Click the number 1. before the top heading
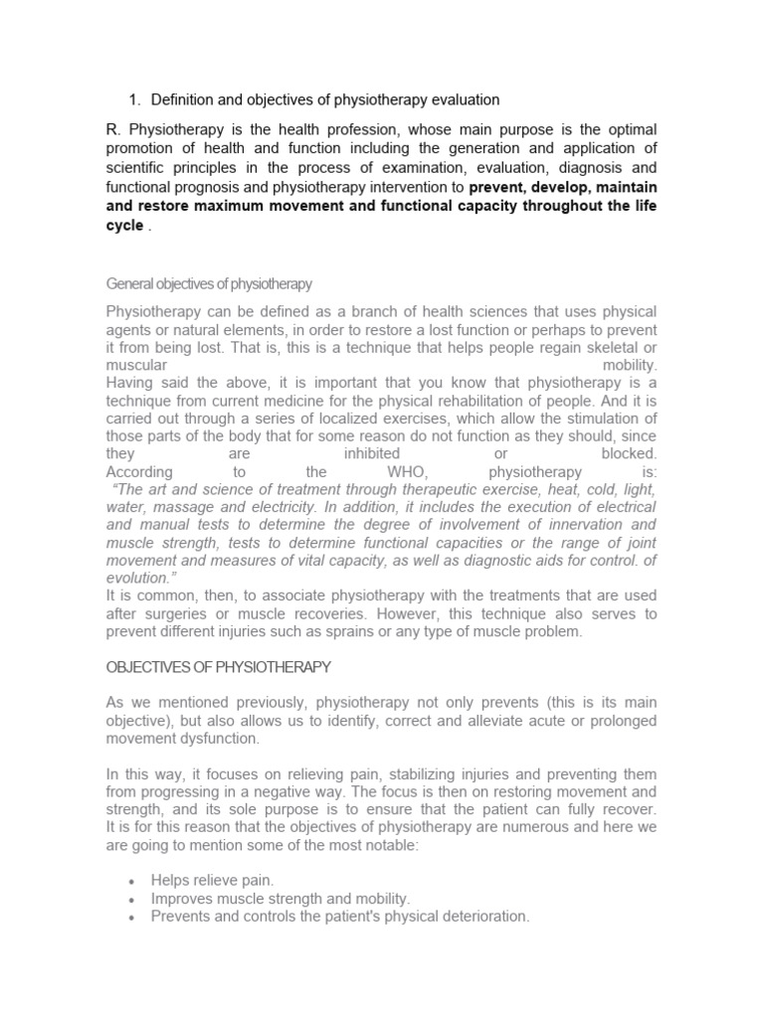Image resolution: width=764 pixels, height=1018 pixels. (x=135, y=99)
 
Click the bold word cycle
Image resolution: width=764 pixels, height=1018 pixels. (x=123, y=225)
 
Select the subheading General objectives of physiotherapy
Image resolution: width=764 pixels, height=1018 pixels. (x=209, y=283)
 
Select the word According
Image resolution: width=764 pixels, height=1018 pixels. (x=139, y=471)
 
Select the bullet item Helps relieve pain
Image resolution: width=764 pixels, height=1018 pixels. (x=212, y=880)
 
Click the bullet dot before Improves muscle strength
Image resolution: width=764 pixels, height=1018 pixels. (x=132, y=899)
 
